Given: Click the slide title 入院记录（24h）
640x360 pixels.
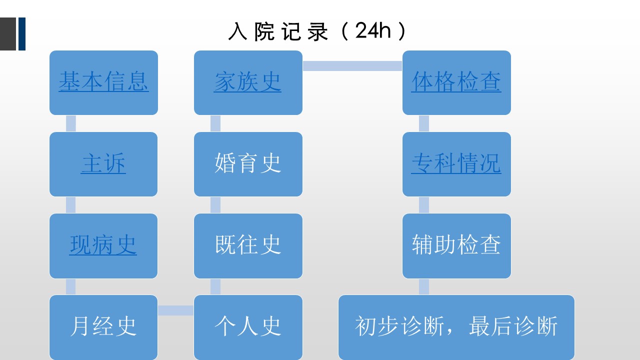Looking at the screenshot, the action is [317, 31].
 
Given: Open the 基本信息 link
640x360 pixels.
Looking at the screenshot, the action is [103, 81].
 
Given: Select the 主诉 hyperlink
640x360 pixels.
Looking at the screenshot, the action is [103, 163].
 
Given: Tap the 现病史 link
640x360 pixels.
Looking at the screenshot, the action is [103, 245].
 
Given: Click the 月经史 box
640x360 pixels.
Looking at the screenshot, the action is [103, 327].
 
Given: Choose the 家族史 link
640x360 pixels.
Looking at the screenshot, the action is [247, 81].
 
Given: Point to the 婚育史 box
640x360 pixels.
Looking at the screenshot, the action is [248, 164].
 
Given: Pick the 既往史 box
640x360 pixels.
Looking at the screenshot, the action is [248, 245].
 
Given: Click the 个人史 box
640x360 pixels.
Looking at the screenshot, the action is [248, 327].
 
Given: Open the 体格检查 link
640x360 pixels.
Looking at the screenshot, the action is [456, 81].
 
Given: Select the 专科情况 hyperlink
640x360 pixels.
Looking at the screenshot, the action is [456, 163].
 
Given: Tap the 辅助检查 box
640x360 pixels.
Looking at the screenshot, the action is [456, 245].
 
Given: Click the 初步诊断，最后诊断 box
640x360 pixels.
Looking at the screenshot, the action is [456, 327].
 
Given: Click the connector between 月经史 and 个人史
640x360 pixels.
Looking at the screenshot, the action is [175, 310].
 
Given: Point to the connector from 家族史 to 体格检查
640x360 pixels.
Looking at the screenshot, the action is [352, 66].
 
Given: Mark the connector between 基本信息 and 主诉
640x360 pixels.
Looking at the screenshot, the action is [71, 123].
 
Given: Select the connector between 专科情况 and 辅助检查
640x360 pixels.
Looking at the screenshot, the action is [424, 205].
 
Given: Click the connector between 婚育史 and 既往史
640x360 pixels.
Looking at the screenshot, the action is [215, 205].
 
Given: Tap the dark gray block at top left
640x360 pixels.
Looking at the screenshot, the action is [8, 34].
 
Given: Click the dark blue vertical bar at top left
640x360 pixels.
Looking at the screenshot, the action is [22, 34].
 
